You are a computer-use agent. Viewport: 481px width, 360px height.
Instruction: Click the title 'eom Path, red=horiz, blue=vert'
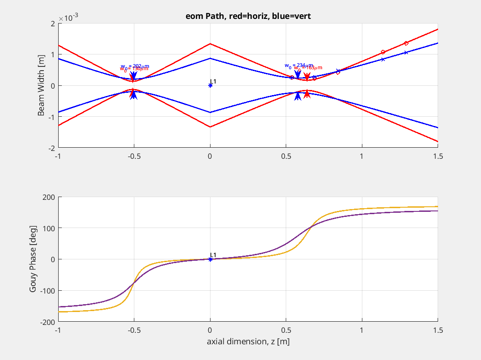[248, 17]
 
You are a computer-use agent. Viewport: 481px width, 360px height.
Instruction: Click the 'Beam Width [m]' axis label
[42, 86]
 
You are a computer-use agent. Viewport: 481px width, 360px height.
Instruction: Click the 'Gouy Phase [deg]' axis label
[33, 259]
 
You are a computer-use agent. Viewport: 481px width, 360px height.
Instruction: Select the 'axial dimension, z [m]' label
[248, 342]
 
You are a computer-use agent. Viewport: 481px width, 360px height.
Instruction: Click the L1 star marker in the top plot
[210, 85]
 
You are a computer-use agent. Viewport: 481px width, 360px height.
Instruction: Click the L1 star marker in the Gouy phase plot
[210, 259]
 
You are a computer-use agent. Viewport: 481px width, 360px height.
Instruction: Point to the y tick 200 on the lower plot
[49, 197]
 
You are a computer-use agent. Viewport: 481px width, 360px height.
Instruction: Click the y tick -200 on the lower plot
[48, 322]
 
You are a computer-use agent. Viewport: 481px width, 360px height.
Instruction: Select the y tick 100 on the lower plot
[49, 228]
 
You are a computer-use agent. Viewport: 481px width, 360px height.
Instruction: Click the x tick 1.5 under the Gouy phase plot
[438, 330]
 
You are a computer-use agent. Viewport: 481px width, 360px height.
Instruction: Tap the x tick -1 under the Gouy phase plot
[58, 330]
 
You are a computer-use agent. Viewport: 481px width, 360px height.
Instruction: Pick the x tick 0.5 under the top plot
[286, 156]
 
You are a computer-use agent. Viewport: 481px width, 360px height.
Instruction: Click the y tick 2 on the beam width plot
[53, 23]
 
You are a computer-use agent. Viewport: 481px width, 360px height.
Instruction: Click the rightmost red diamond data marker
[406, 43]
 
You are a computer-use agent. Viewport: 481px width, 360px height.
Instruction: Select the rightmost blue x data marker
[406, 53]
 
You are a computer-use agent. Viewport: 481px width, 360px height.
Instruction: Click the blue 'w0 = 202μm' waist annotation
[135, 66]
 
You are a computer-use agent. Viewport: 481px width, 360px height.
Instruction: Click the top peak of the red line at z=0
[210, 44]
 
